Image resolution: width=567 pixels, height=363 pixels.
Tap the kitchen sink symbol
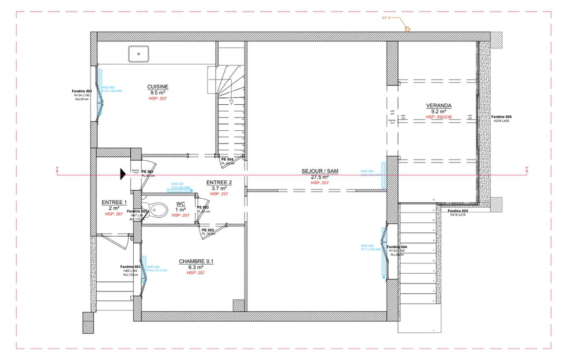[x=138, y=54]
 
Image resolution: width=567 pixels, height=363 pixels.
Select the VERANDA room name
[x=438, y=105]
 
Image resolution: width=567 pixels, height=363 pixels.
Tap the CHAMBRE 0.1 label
[x=196, y=261]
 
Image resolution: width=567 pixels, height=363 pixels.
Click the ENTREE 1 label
[x=114, y=202]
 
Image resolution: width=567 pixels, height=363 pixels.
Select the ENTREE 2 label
[x=219, y=182]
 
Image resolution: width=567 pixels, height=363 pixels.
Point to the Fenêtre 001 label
[x=81, y=91]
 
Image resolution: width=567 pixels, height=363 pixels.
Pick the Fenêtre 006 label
[x=501, y=116]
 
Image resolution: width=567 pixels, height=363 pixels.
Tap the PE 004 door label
[x=227, y=159]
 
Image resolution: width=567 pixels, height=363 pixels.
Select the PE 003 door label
[x=208, y=229]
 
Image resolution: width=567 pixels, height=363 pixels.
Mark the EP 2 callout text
[x=386, y=18]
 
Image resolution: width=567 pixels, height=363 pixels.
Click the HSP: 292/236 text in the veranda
[x=438, y=117]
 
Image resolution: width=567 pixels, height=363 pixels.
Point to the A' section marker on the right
[x=527, y=168]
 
